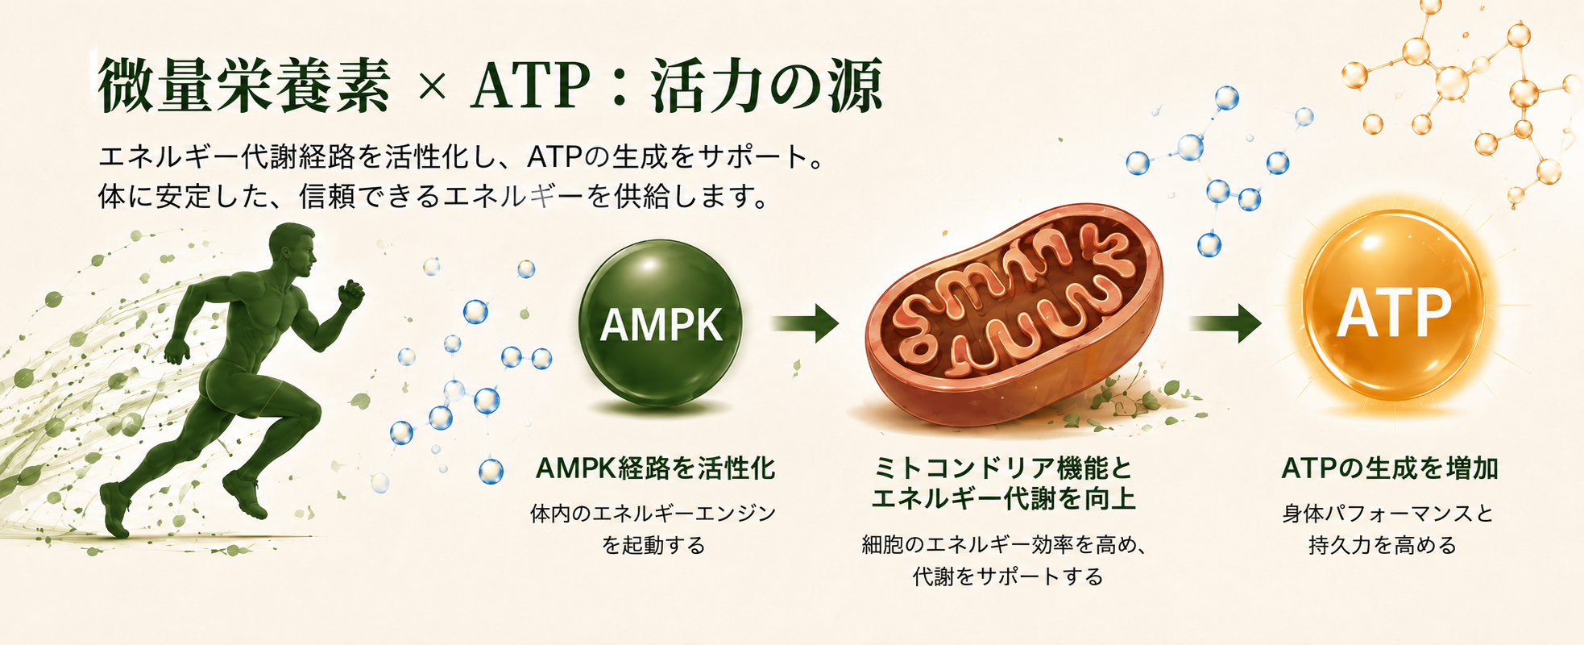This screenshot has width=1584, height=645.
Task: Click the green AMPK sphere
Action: (x=661, y=322)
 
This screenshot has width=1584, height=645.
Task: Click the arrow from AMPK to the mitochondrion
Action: (x=805, y=323)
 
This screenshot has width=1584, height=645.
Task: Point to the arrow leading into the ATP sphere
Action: (x=1225, y=323)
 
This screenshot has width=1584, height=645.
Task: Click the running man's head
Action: (x=292, y=248)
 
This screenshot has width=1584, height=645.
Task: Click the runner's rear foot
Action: (x=115, y=509)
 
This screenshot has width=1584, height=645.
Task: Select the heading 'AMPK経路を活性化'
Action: (x=655, y=468)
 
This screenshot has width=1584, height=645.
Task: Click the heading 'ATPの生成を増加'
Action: (x=1390, y=468)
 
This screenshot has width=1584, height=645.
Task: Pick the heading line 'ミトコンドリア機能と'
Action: (x=1003, y=468)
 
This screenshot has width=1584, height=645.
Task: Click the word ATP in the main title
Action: (x=531, y=86)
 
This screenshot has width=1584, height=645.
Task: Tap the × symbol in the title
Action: (x=433, y=87)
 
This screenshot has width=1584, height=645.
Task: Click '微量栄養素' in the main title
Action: (x=244, y=85)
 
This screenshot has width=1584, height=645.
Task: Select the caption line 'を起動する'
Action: (x=653, y=546)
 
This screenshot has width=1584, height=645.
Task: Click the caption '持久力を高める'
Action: (x=1383, y=546)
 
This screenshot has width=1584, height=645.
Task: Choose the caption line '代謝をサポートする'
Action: (x=1008, y=576)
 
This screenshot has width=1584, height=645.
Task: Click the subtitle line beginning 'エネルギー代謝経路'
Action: (x=462, y=156)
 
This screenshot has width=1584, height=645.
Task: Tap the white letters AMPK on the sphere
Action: (x=661, y=326)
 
